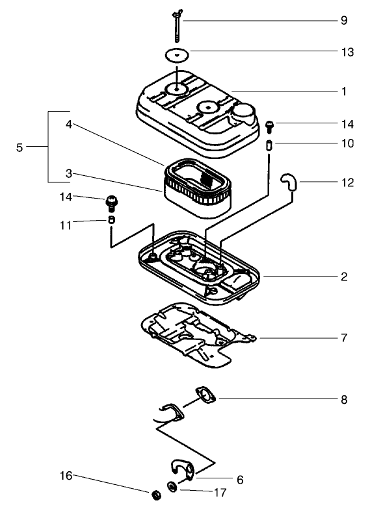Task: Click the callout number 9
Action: (344, 20)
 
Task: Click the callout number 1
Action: (344, 92)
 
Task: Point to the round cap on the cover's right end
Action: (245, 114)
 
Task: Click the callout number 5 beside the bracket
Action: (20, 147)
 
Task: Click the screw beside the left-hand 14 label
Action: (111, 203)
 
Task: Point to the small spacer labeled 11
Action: (111, 221)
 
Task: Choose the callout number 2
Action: (344, 277)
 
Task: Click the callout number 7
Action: (344, 338)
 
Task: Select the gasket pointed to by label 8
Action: (206, 396)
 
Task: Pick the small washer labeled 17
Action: (172, 486)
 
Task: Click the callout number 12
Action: (344, 182)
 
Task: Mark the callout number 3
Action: (68, 174)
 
